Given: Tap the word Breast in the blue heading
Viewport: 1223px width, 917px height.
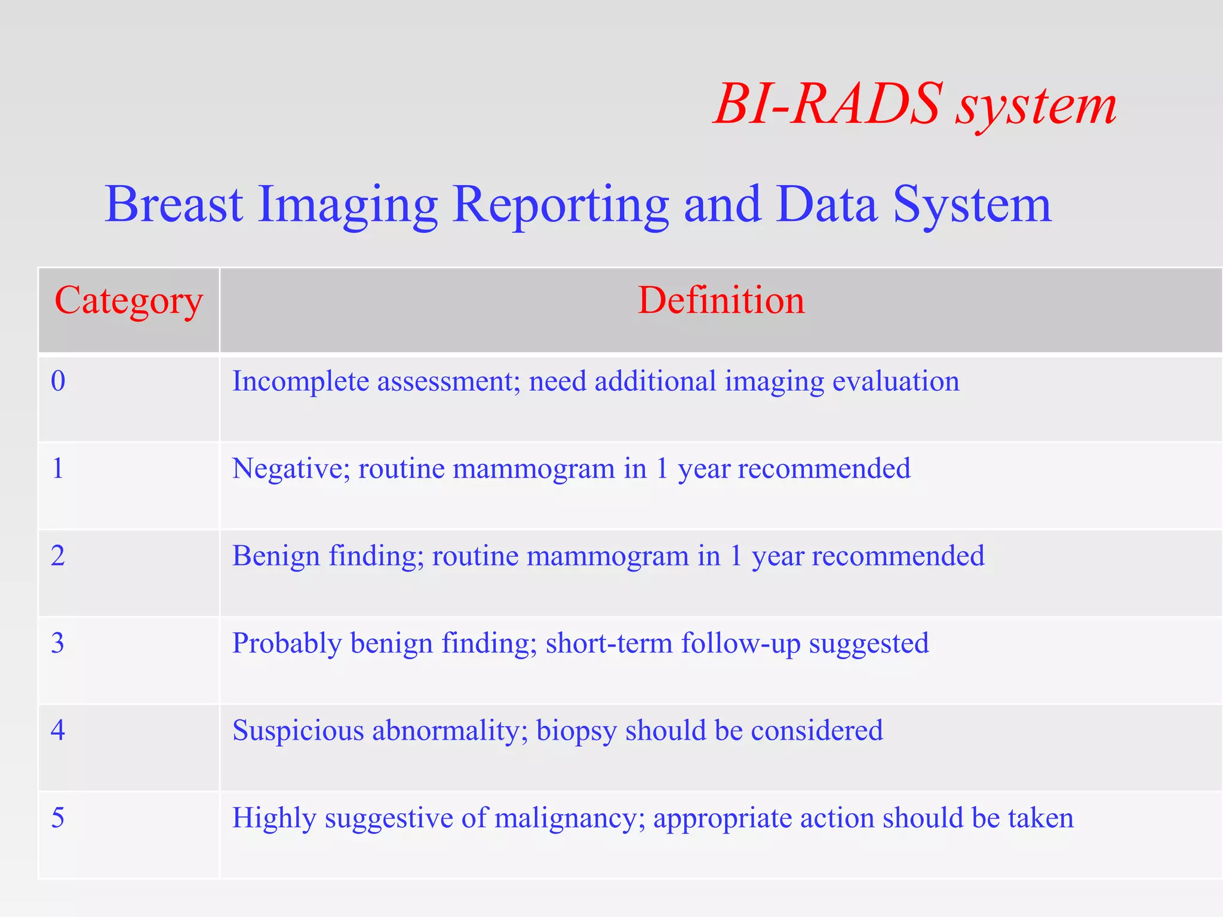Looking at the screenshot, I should [x=174, y=204].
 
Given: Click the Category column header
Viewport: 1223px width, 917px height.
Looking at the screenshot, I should [x=128, y=301].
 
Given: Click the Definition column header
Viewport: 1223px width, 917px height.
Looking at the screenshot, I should [x=721, y=300].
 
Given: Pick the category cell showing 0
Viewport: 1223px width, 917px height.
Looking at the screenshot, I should [x=58, y=381].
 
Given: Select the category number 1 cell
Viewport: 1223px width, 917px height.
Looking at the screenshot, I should [x=57, y=469].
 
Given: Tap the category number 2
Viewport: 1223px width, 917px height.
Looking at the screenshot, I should [x=57, y=556].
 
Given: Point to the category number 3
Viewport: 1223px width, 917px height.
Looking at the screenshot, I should [x=57, y=644].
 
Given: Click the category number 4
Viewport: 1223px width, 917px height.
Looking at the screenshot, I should [x=57, y=731].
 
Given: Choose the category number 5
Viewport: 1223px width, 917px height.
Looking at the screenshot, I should [x=57, y=818].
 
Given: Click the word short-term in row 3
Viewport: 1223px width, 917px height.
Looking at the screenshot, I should [x=609, y=644].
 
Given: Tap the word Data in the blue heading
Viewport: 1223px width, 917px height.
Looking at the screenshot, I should [x=826, y=204].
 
